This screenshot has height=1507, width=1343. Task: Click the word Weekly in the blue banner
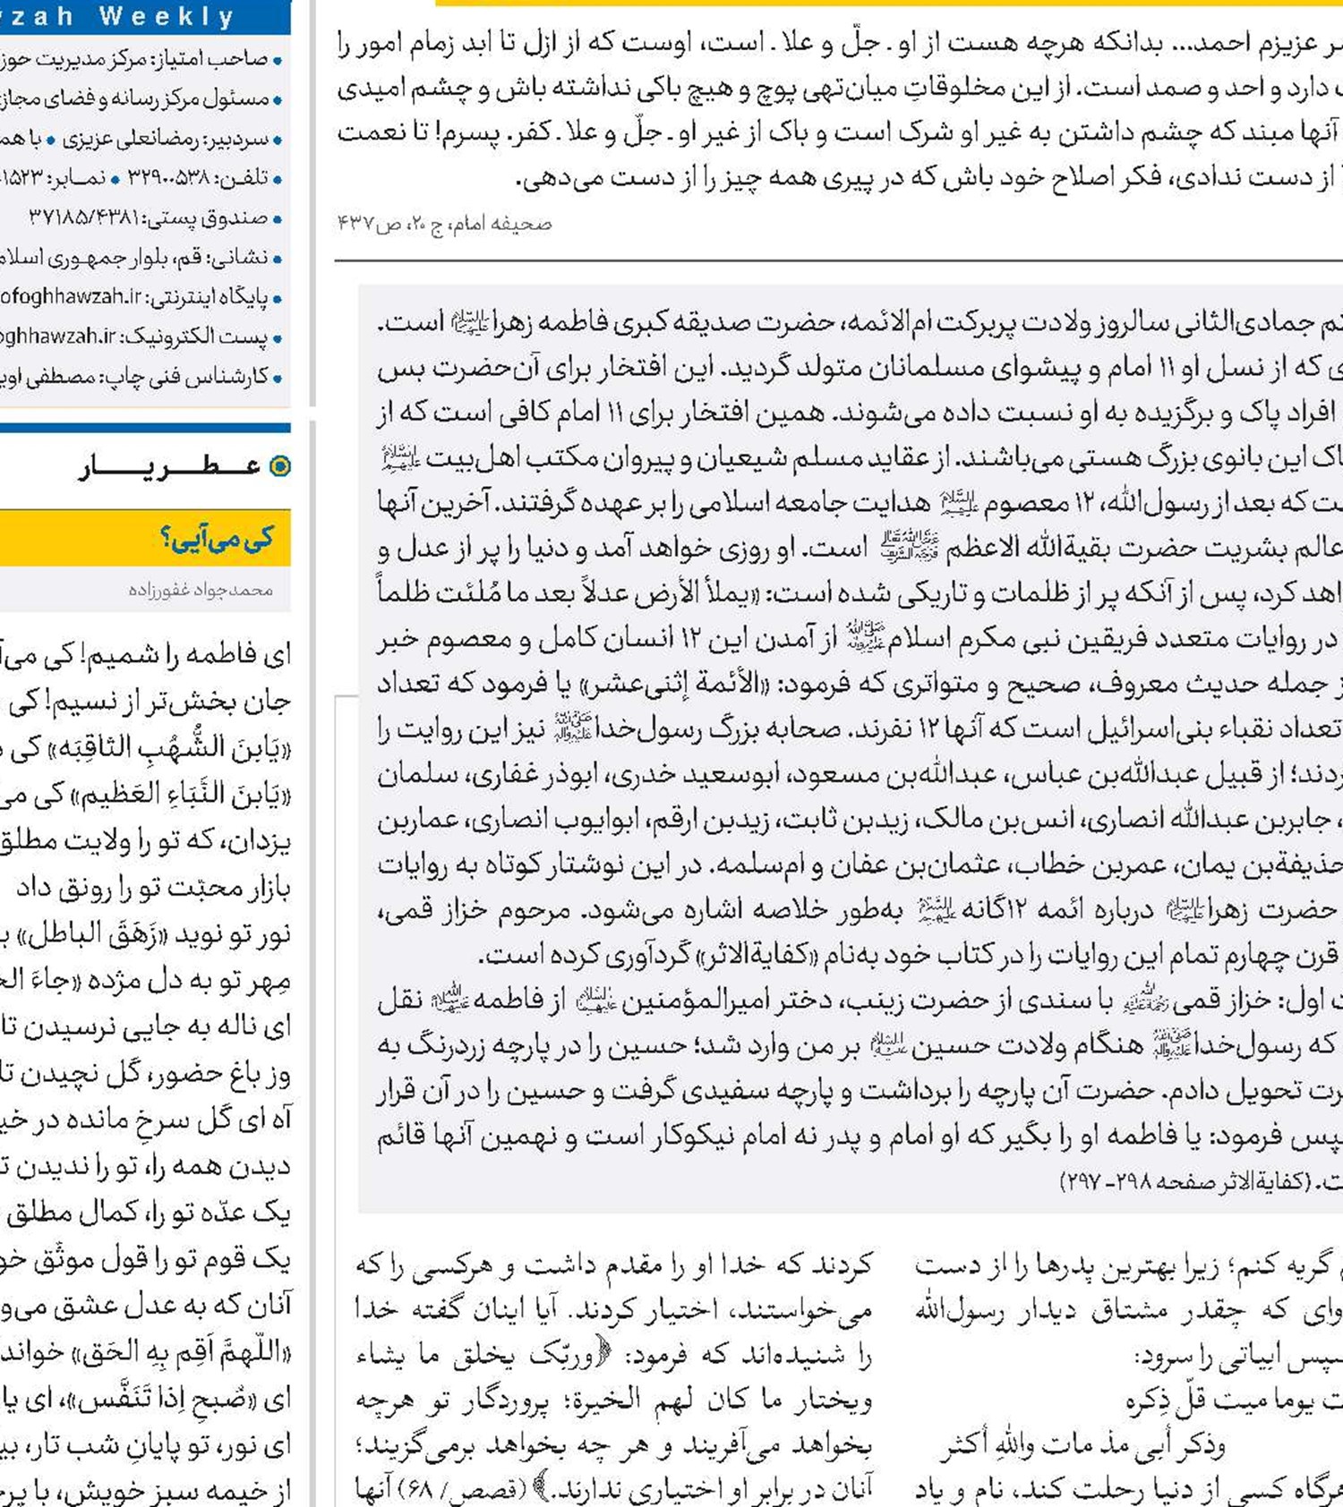[x=167, y=15]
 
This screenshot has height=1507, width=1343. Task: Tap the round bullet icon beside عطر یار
[x=280, y=466]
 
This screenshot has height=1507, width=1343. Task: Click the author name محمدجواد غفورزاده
[x=201, y=590]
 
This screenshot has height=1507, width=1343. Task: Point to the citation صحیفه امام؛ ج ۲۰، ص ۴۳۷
[x=444, y=224]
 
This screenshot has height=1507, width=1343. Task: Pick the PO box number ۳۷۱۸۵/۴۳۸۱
[x=84, y=217]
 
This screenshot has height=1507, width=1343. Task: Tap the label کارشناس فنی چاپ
[x=201, y=377]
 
